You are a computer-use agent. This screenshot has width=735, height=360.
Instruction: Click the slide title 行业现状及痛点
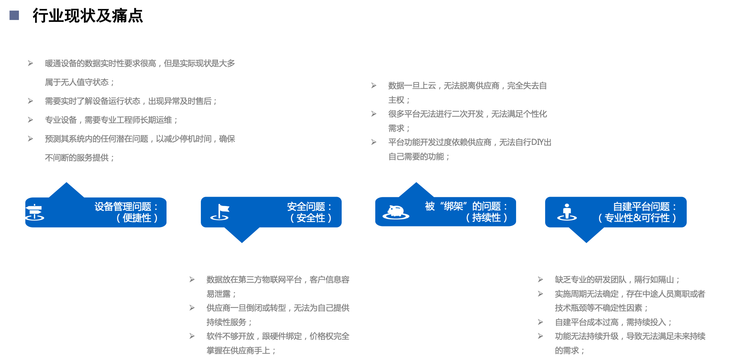(x=88, y=16)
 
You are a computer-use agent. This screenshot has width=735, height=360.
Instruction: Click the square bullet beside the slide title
(x=14, y=15)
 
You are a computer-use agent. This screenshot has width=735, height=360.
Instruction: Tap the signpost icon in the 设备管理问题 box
(x=35, y=212)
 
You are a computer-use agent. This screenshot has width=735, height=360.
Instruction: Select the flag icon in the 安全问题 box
(x=220, y=212)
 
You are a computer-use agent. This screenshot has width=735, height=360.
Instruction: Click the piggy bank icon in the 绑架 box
(x=396, y=212)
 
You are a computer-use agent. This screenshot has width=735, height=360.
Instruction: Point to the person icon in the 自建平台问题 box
(x=567, y=212)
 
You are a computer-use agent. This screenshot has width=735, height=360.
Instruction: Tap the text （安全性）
(x=310, y=218)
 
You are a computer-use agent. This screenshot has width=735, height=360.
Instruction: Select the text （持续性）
(x=486, y=217)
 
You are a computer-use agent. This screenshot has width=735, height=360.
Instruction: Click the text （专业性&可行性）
(x=637, y=218)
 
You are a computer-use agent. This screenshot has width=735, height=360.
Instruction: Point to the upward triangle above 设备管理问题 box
(x=66, y=190)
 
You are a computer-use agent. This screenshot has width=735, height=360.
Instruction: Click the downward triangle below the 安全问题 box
(x=242, y=235)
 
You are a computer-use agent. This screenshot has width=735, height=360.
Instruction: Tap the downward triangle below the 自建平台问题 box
(x=586, y=235)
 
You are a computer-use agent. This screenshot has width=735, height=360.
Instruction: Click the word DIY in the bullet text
(x=537, y=142)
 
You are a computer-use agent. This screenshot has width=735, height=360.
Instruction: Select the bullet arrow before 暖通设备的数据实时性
(x=31, y=63)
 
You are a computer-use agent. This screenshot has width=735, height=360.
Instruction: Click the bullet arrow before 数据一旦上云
(x=374, y=86)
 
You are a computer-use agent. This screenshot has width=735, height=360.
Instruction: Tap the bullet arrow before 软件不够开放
(x=192, y=336)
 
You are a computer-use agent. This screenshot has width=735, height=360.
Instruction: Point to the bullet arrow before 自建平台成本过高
(x=541, y=322)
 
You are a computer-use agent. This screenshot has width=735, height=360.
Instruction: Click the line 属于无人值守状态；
(x=80, y=82)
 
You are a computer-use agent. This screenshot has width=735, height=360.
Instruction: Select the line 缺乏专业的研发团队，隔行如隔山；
(x=617, y=280)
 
